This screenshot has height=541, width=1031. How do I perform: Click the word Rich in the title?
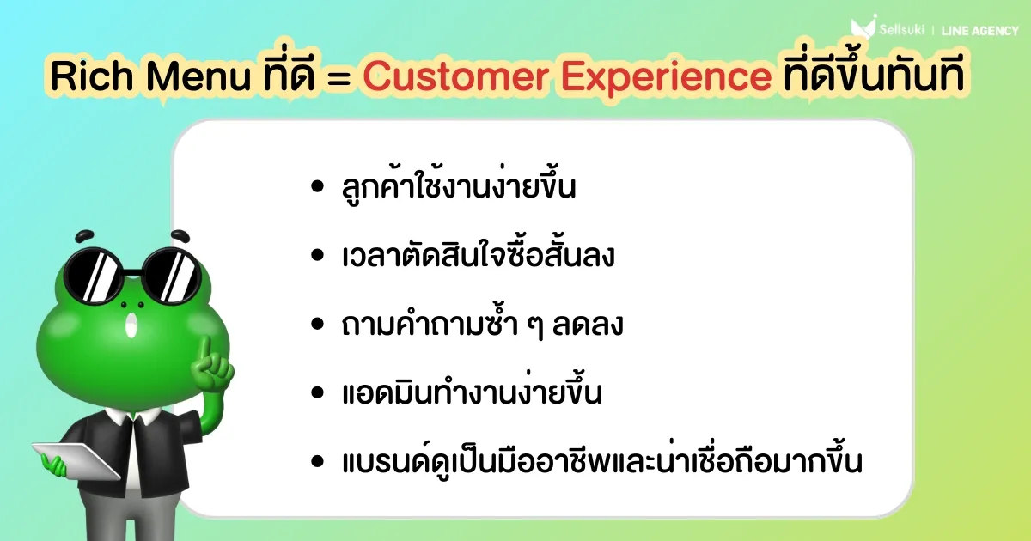92,76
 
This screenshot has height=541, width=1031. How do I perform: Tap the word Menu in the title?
198,76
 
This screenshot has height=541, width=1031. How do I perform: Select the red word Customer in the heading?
455,76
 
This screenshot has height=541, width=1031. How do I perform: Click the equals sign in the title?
339,77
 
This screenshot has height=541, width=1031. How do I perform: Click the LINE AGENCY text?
980,31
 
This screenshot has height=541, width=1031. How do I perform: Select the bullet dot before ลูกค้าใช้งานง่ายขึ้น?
317,187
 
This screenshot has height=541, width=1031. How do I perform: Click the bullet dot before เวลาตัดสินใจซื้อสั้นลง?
317,255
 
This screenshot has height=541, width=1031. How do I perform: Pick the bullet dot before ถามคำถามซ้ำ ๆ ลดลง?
317,324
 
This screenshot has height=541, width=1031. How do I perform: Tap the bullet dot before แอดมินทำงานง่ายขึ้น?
317,392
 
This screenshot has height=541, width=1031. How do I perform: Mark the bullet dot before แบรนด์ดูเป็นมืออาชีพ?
317,461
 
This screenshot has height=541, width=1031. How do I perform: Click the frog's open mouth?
132,325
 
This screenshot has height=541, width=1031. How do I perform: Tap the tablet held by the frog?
76,461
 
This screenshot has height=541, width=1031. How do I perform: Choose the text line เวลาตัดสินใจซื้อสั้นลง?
479,254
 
